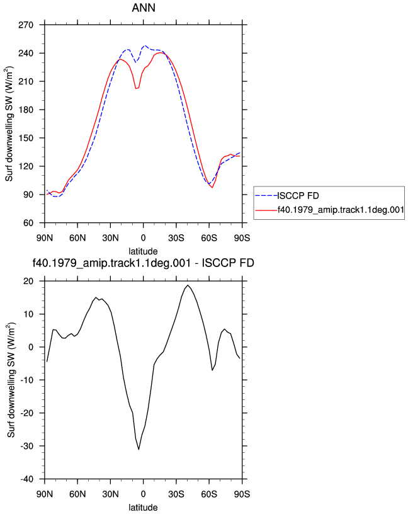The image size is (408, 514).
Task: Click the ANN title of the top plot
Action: [144, 8]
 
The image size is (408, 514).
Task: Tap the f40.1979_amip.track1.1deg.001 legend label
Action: [341, 210]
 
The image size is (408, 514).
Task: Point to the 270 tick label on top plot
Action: [26, 25]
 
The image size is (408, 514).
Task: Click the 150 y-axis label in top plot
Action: [26, 138]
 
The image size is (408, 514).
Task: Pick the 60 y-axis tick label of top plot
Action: [28, 223]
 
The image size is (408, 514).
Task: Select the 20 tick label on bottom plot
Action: [28, 282]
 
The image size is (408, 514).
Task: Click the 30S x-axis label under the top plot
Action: [176, 237]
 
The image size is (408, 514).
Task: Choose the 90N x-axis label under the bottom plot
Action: [45, 494]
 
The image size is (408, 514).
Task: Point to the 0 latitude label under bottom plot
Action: [143, 494]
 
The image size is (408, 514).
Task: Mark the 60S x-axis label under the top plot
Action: [209, 237]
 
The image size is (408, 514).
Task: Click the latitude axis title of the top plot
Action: [143, 251]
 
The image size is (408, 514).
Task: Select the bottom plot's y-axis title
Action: [11, 380]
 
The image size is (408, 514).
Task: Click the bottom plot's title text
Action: [143, 263]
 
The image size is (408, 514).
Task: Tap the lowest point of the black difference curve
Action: [139, 449]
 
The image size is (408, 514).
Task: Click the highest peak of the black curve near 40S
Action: [188, 285]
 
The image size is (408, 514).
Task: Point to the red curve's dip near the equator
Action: [136, 88]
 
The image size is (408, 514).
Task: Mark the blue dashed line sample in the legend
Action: [266, 196]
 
